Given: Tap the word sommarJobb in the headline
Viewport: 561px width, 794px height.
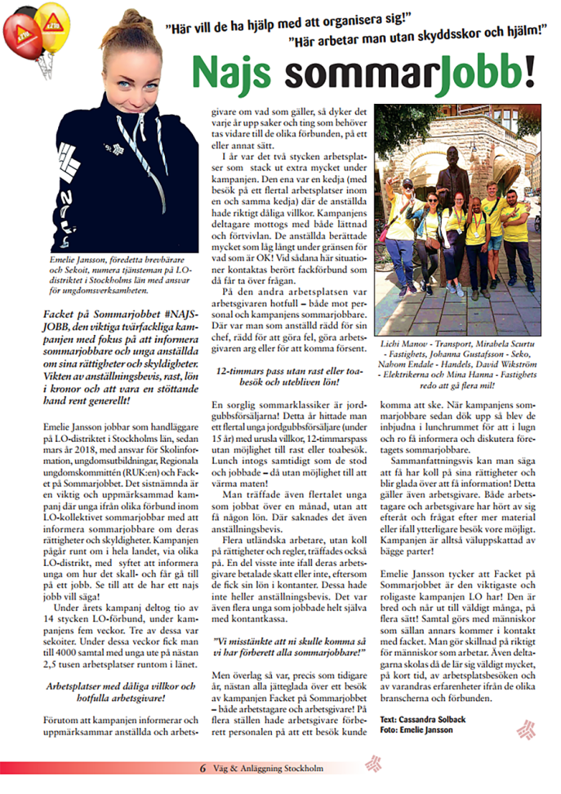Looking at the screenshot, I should [403, 73].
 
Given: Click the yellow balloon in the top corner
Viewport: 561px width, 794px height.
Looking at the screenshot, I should [52, 26].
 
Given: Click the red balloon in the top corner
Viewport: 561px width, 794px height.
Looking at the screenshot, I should [21, 36].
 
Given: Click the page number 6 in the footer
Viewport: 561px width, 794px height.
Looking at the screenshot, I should [203, 768].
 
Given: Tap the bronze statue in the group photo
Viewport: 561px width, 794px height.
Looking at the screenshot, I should [452, 175].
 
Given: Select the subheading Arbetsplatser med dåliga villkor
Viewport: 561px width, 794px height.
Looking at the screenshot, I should [119, 689].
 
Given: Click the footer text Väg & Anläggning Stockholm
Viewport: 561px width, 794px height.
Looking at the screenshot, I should [270, 768].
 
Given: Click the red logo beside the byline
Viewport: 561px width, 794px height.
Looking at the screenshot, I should [526, 728].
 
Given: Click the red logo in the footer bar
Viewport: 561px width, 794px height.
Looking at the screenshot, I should [373, 763].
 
